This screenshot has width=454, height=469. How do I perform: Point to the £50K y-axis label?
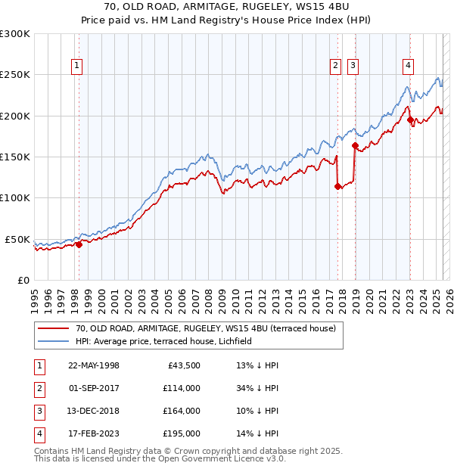tap(17, 239)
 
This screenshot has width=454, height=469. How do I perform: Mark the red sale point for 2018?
tap(355, 145)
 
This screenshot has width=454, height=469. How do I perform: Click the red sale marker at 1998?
tap(79, 244)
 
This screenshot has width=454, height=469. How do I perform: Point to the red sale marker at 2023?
tap(410, 120)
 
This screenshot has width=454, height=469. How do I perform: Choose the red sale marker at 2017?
tap(337, 186)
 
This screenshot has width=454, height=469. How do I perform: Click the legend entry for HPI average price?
tap(163, 341)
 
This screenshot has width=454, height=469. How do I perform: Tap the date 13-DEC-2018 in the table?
tap(94, 411)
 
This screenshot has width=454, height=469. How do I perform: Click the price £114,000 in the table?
tap(182, 388)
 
